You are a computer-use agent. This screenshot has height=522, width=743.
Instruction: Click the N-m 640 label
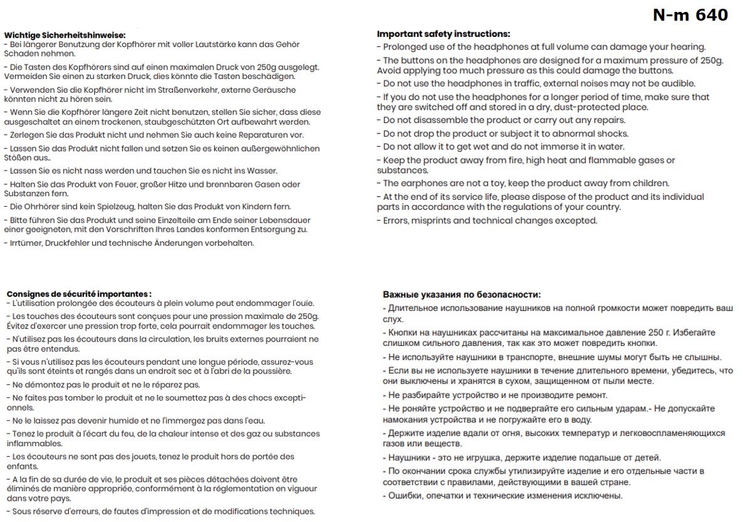tap(690, 15)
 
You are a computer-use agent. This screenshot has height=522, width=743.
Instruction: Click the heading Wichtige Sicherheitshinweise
tap(65, 35)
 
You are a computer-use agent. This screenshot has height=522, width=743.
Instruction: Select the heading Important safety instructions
tap(443, 34)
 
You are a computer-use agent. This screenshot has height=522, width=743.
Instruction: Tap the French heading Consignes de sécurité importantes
tap(79, 294)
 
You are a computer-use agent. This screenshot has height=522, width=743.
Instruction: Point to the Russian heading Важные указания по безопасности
tap(461, 295)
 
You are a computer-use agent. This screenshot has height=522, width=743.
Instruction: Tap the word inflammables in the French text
tap(33, 442)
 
